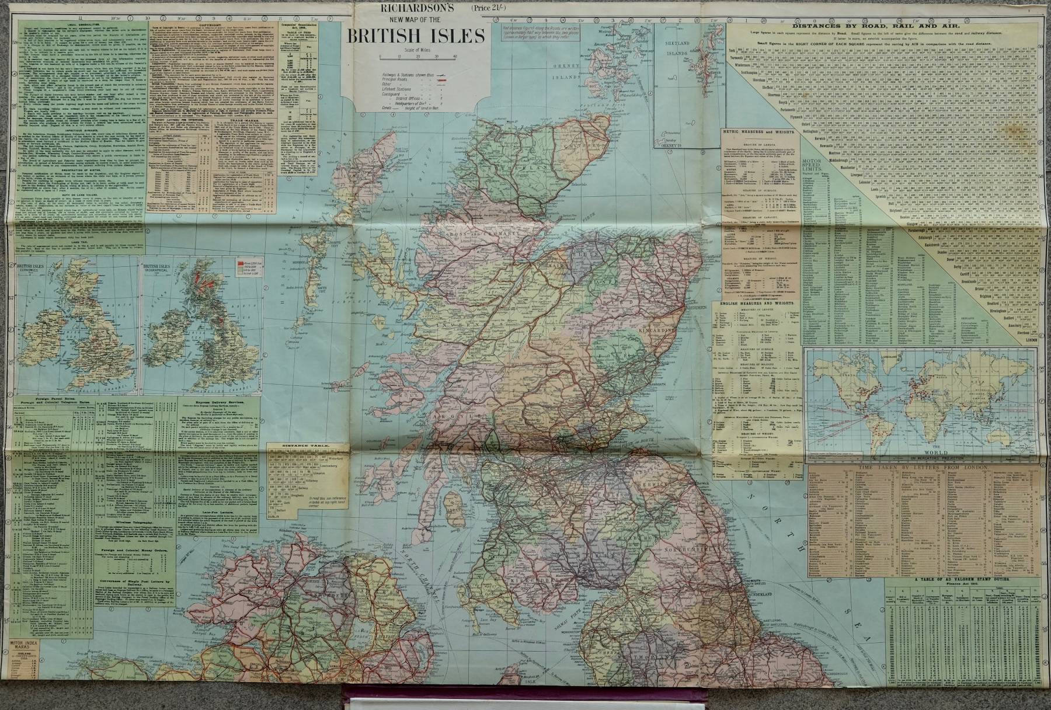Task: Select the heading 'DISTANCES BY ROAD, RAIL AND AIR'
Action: (888, 25)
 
